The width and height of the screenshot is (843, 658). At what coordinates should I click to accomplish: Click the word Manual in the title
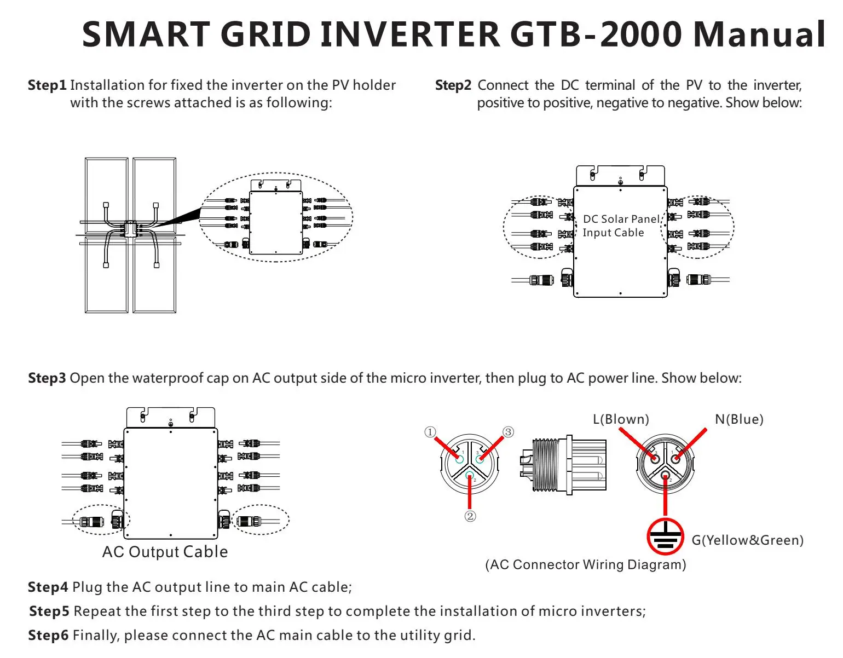[759, 34]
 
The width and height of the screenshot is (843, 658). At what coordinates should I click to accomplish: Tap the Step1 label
[47, 85]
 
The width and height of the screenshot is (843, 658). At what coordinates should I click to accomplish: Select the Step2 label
[453, 85]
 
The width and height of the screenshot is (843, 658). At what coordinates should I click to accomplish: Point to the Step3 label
[47, 378]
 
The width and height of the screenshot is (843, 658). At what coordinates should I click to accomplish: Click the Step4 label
[48, 587]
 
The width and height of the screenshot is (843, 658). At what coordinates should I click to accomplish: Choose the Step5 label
[49, 611]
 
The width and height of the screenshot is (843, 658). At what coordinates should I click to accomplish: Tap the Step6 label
[48, 636]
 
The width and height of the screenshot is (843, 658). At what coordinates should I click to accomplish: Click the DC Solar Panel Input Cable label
[621, 226]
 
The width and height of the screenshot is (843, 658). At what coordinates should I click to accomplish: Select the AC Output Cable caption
[165, 552]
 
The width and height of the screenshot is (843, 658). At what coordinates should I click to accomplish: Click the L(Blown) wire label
[621, 419]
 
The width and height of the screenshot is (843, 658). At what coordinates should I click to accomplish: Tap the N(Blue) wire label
[739, 419]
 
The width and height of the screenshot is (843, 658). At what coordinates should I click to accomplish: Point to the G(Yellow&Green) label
[748, 540]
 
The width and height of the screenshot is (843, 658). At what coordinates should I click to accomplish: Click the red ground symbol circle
[665, 536]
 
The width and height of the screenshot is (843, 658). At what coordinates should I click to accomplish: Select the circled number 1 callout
[430, 432]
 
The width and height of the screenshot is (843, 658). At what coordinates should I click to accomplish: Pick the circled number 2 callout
[470, 516]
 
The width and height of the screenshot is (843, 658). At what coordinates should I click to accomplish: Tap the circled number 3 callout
[509, 432]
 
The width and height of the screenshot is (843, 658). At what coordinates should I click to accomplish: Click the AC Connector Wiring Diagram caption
[586, 565]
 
